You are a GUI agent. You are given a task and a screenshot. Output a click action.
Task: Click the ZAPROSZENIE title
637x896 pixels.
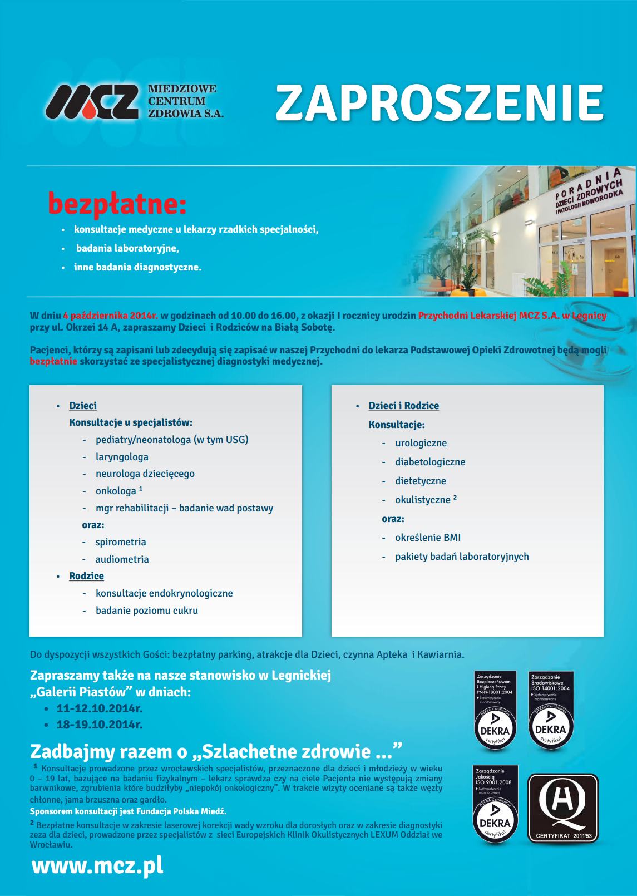coord(440,102)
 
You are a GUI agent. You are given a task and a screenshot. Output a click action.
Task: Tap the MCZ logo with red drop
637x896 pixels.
coord(92,101)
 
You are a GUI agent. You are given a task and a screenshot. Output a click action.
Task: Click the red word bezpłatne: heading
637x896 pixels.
coord(117,204)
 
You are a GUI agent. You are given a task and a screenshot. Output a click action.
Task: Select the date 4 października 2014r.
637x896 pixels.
coord(111,316)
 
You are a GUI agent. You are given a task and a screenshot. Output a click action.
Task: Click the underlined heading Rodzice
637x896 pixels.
coord(86,576)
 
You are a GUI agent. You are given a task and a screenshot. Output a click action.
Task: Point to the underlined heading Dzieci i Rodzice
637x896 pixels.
coord(403,406)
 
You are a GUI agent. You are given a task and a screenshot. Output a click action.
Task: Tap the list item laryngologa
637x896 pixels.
coord(122,457)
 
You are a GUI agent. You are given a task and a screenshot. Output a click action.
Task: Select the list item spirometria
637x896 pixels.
coord(121,542)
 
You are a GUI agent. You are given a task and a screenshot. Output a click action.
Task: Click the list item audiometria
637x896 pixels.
coord(122,559)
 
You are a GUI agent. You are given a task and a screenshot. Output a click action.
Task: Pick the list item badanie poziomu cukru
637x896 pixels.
coord(147,611)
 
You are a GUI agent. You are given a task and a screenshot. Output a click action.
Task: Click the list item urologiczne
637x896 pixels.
coord(421,443)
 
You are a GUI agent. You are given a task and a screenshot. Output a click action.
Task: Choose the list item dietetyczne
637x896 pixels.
coord(421,481)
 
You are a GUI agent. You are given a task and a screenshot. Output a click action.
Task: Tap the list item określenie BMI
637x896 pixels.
coord(428,538)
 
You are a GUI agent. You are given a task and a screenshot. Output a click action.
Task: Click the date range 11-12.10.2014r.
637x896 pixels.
coord(100,709)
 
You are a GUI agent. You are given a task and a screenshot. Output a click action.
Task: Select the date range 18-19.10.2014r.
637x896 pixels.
coord(100,725)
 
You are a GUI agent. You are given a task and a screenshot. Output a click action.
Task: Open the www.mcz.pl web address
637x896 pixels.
coord(97,867)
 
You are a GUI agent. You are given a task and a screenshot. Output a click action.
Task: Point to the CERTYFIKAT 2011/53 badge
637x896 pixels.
coord(562,808)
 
